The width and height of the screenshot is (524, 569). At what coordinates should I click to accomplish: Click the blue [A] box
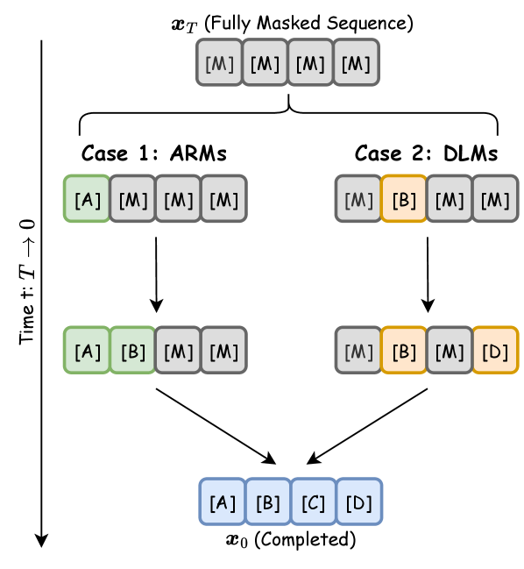tap(223, 501)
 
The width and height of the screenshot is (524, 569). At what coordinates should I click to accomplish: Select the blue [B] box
tap(268, 501)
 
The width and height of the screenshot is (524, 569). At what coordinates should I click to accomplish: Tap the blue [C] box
tap(314, 501)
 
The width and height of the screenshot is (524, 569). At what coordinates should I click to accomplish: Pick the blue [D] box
tap(359, 501)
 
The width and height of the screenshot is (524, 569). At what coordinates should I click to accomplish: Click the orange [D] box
tap(495, 350)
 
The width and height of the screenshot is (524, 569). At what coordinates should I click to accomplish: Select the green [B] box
tap(133, 350)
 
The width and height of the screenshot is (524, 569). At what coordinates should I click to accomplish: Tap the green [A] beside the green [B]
tap(88, 350)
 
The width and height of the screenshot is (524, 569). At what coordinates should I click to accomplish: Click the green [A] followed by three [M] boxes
tap(88, 199)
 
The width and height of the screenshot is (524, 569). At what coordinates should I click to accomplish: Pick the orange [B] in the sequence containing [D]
tap(404, 350)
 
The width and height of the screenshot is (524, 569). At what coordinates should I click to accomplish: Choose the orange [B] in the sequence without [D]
tap(404, 199)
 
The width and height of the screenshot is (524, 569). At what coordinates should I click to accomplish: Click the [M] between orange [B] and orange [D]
tap(450, 350)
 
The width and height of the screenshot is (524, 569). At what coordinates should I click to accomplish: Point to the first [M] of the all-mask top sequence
tap(219, 62)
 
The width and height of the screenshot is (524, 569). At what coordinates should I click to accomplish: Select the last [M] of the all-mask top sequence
tap(356, 62)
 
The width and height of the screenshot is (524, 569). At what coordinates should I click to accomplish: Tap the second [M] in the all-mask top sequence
tap(265, 62)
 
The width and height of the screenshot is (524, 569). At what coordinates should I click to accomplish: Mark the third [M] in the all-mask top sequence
tap(310, 62)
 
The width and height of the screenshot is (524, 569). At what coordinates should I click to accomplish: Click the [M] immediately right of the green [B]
tap(179, 350)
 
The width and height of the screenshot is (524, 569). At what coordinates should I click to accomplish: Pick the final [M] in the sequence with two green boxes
tap(224, 350)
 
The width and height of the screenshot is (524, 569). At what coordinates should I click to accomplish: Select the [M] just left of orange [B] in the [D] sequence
tap(358, 350)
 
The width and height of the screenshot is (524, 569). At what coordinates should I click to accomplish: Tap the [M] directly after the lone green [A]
tap(133, 199)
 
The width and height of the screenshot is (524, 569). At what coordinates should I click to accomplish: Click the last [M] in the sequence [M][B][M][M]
tap(495, 199)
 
